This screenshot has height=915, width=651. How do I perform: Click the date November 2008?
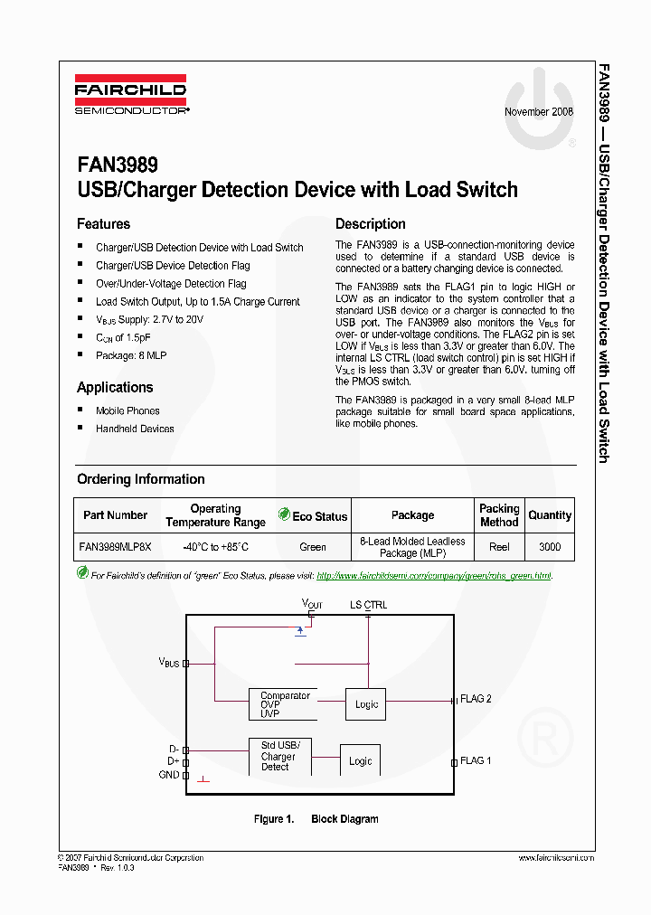[539, 112]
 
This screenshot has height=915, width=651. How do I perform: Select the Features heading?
[103, 224]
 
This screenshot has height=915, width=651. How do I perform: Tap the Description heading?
[371, 224]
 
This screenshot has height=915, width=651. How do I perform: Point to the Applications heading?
[115, 388]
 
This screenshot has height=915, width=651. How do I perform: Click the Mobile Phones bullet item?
[127, 410]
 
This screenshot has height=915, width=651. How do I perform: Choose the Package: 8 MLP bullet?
[131, 355]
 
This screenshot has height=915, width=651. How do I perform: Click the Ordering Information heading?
[140, 479]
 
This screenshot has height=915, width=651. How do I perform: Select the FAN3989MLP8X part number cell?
[115, 547]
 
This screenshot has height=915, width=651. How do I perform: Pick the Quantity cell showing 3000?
[549, 547]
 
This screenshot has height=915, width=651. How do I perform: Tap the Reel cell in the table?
[499, 547]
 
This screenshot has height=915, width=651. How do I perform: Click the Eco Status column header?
[313, 516]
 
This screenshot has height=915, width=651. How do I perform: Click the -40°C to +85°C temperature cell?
[215, 547]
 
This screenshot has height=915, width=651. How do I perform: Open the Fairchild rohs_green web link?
[434, 575]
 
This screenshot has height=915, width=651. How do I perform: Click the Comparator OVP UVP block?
[285, 704]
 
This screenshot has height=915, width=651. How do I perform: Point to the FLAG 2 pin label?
[476, 699]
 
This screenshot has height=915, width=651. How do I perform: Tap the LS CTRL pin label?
[368, 604]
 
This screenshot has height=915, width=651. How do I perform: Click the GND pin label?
[169, 775]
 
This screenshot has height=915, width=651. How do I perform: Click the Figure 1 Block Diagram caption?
[316, 819]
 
